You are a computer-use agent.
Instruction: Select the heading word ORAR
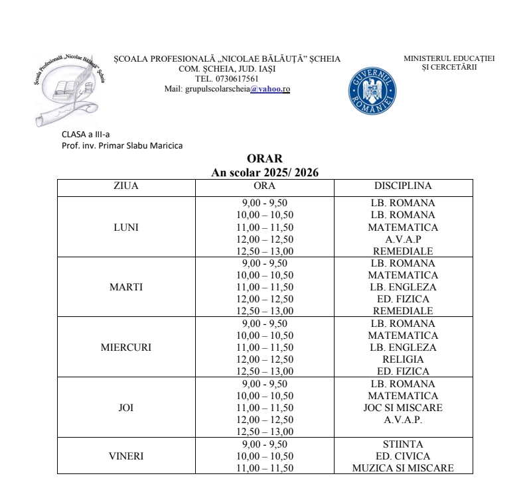tap(264, 158)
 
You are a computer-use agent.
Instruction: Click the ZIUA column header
tap(126, 186)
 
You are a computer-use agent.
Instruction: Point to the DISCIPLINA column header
tap(403, 186)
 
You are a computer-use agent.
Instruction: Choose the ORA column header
tap(265, 186)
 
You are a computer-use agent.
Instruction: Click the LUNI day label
tap(126, 227)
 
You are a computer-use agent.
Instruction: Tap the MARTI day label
tap(126, 287)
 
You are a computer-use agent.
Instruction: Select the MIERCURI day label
tap(126, 347)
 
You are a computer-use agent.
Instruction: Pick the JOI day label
tap(126, 408)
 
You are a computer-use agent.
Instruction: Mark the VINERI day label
tap(126, 456)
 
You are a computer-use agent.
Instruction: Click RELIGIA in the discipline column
tap(403, 359)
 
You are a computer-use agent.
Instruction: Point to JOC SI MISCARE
tap(403, 408)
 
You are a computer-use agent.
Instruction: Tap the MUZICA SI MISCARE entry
tap(403, 468)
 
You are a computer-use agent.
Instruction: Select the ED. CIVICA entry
tap(403, 456)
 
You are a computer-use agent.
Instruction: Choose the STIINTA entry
tap(403, 444)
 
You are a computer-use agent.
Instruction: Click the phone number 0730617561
tap(237, 79)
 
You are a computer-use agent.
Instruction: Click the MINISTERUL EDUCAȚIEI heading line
tap(449, 58)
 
